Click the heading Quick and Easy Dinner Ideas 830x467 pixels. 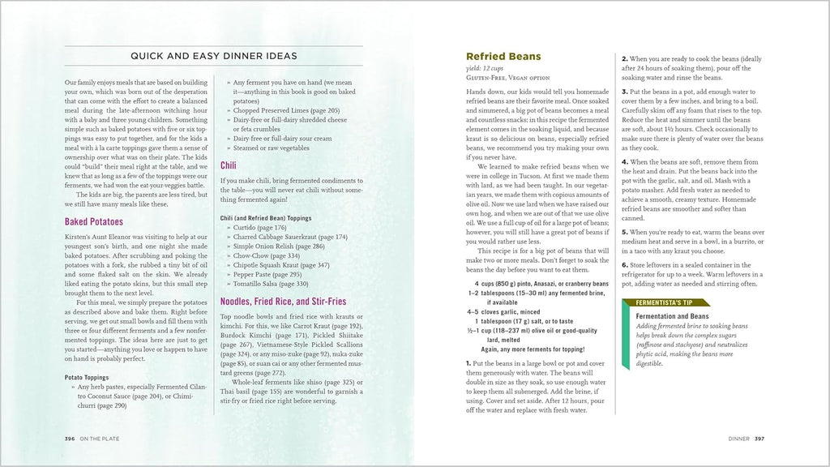click(x=214, y=56)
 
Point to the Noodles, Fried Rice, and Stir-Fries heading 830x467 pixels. click(x=283, y=302)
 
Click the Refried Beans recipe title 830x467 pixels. click(x=503, y=57)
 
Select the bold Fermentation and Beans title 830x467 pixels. click(x=672, y=316)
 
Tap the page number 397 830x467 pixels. click(x=759, y=439)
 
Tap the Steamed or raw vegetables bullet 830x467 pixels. click(x=271, y=148)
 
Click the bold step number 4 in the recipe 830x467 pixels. click(x=624, y=162)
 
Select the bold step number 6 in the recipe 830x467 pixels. click(x=624, y=265)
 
